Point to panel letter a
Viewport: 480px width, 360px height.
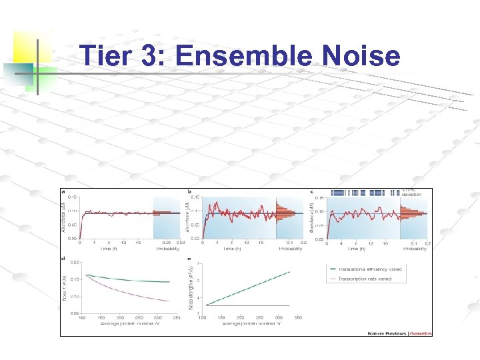(x=63, y=192)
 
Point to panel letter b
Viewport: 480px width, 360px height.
(x=190, y=192)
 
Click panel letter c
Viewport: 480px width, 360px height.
(x=313, y=192)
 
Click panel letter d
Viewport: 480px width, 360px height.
(x=63, y=258)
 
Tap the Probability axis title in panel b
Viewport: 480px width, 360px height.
(x=291, y=249)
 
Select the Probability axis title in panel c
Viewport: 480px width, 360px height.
(x=414, y=249)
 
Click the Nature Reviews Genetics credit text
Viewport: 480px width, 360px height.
(x=400, y=333)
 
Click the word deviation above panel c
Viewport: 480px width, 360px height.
(x=411, y=194)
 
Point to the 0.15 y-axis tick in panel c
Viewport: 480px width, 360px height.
(x=319, y=197)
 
